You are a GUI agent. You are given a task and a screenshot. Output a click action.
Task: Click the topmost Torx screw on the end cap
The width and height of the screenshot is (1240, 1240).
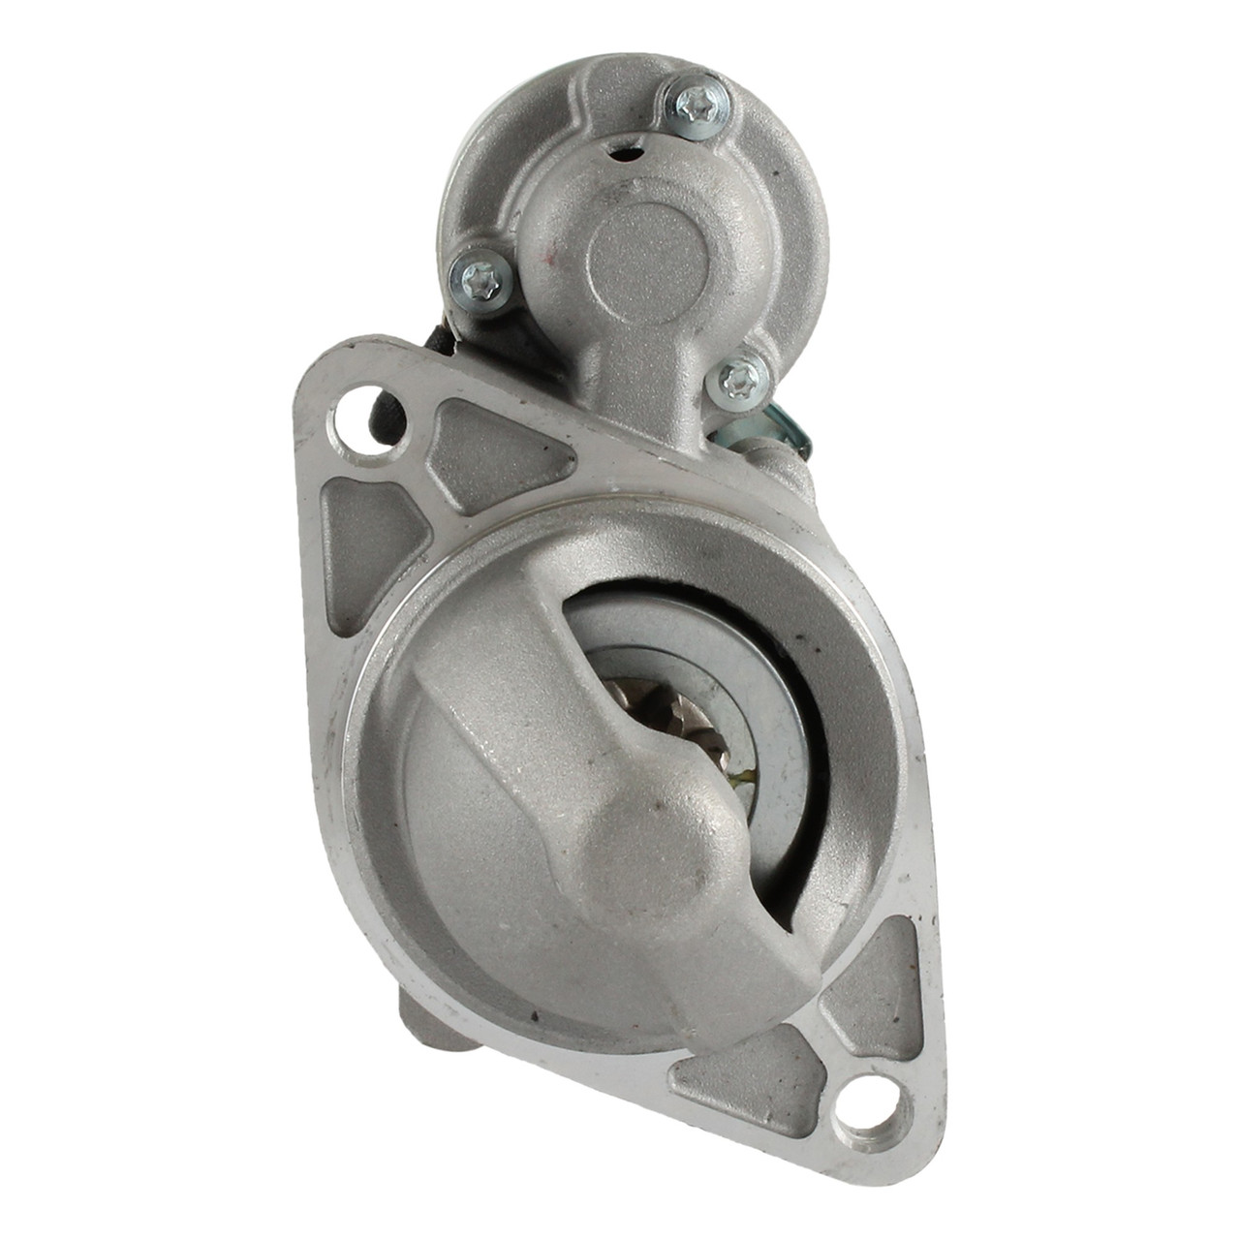click(697, 100)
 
